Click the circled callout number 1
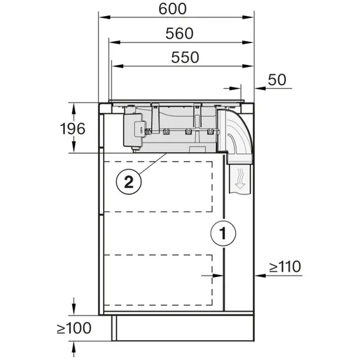(222, 233)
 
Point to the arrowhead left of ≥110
(260, 275)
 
